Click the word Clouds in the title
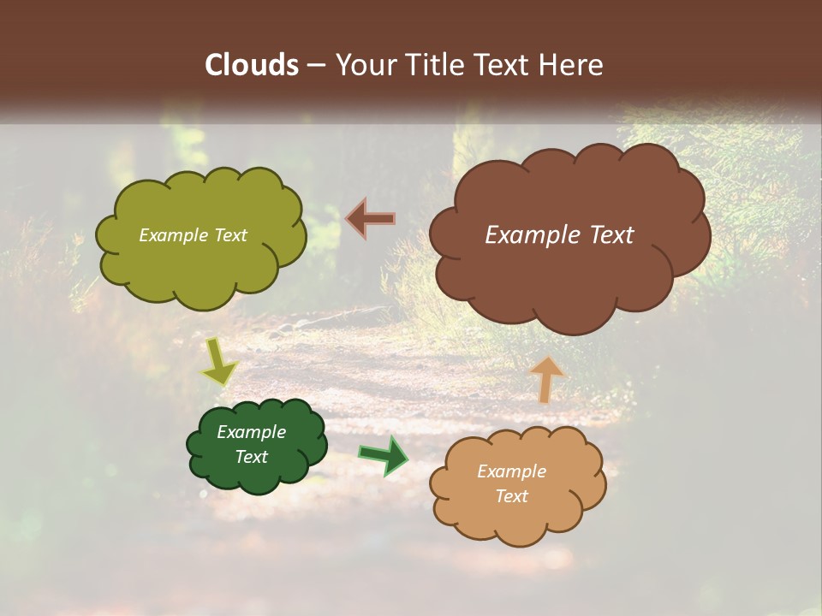coord(252,65)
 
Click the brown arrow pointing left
coord(371,219)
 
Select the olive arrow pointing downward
coord(219,363)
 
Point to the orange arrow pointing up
coord(546,379)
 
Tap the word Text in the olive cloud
coord(231,235)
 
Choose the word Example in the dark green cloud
coord(251,432)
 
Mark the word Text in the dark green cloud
coord(251,457)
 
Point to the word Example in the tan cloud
coord(511,471)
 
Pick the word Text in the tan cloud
coord(511,496)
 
